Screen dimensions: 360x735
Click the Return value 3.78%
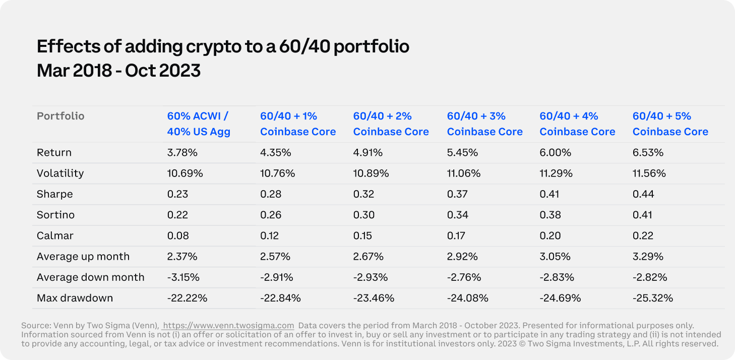[181, 152]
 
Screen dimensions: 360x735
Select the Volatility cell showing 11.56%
[649, 173]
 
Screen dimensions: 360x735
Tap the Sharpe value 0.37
[457, 194]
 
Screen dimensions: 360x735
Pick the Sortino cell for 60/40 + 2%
[364, 215]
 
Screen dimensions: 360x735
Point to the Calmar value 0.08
[177, 235]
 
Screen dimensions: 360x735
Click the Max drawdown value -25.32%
[653, 298]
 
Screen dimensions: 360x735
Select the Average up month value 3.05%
[555, 257]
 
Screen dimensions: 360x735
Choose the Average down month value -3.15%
[184, 277]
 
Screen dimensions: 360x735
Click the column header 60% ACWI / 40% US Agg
[199, 124]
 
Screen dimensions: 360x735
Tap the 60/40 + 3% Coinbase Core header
[484, 124]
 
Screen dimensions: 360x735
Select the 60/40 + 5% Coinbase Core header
[670, 124]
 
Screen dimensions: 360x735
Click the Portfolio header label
[60, 116]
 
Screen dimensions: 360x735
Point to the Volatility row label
[60, 173]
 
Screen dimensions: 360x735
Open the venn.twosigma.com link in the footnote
[228, 326]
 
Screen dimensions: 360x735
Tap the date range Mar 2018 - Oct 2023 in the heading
[119, 71]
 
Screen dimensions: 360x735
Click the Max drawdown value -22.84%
[280, 298]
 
